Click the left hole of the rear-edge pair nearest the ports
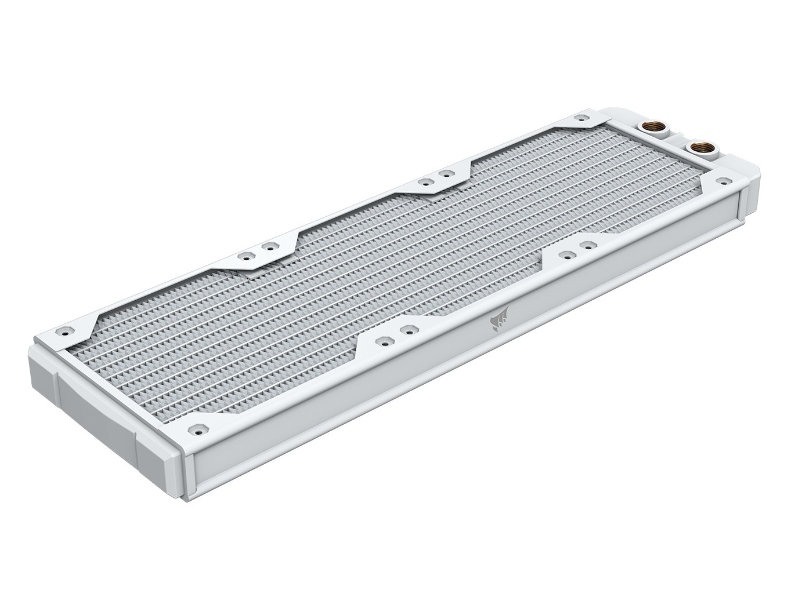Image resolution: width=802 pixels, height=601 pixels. click(425, 181)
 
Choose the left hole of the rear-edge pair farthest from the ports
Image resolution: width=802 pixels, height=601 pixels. click(246, 255)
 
